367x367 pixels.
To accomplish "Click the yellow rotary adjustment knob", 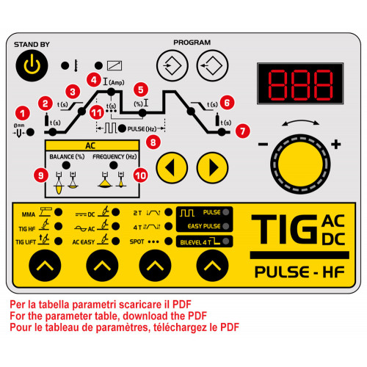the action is pos(300,164).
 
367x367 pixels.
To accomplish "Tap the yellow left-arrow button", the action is pos(172,167).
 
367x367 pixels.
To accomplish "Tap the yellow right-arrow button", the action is pos(212,167).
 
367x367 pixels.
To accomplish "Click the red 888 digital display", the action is pos(300,84).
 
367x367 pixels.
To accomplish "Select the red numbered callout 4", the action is pos(94,80).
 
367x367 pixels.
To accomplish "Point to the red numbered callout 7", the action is pos(242,131).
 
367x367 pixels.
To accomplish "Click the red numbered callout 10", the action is pos(140,175).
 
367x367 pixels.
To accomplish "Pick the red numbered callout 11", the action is pos(97,112).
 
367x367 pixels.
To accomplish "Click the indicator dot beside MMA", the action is pos(58,212).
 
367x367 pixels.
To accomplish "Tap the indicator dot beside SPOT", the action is pos(168,241).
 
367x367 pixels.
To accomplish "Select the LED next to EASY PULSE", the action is pos(226,226).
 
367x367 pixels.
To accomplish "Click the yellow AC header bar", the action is pos(92,145).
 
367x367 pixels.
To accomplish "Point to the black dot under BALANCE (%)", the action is pos(66,165).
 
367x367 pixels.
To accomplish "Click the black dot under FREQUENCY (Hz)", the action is pos(113,165).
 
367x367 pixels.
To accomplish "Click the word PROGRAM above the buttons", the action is pos(192,43).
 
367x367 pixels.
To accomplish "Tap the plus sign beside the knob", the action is pos(336,144).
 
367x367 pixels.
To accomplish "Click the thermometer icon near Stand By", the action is pos(76,65).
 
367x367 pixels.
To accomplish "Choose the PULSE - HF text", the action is pos(299,272).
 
